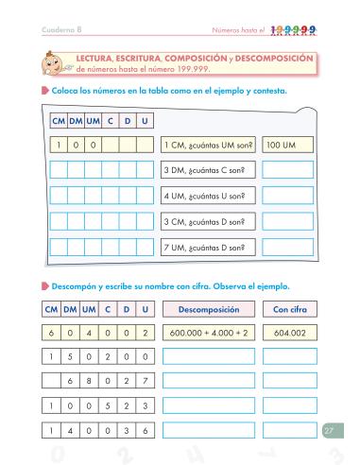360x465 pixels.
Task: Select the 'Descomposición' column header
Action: [x=208, y=309]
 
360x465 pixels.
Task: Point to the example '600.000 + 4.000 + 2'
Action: [x=208, y=333]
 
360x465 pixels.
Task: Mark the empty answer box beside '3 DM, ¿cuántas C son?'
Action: [x=287, y=171]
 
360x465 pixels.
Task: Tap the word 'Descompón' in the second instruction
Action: [x=75, y=284]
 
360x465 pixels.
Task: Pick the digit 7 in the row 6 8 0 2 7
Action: [x=145, y=381]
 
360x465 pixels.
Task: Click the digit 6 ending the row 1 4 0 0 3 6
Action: [x=145, y=430]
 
